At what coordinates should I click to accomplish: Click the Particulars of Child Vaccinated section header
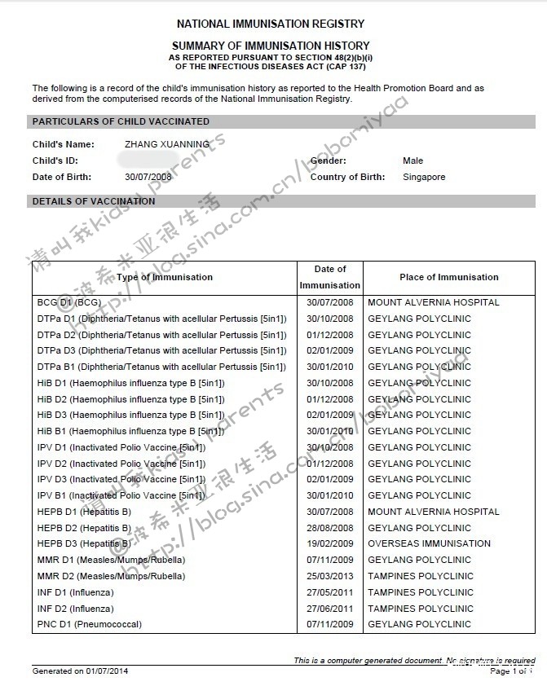point(121,121)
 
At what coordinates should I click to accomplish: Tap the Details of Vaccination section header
point(94,201)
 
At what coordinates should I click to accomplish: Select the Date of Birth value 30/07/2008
point(148,177)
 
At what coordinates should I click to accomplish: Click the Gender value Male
point(412,161)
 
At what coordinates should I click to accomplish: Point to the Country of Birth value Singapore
point(424,177)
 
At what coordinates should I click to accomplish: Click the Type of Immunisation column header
point(164,277)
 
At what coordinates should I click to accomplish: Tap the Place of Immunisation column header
point(448,277)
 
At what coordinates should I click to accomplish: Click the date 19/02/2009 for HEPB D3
point(329,543)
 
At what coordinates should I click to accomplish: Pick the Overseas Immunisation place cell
point(429,543)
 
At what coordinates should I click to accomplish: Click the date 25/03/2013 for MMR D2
point(329,576)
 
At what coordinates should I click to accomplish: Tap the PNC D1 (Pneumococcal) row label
point(89,624)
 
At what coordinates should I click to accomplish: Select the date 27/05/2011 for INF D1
point(329,592)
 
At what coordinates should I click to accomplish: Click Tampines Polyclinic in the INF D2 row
point(420,609)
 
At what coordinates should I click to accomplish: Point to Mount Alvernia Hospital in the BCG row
point(434,302)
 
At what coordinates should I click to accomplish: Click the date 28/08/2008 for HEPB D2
point(329,528)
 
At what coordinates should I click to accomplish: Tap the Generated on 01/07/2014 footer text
point(80,671)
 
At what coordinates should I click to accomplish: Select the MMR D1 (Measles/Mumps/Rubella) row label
point(111,560)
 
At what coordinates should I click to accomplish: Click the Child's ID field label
point(55,161)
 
